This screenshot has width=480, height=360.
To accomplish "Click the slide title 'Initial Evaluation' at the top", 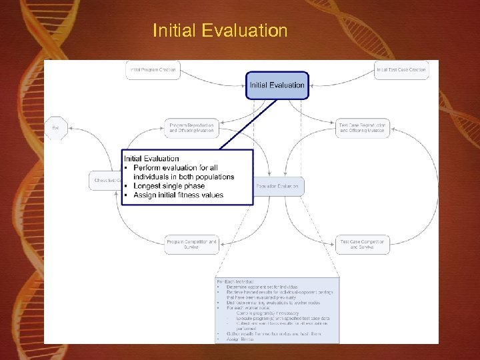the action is [220, 31].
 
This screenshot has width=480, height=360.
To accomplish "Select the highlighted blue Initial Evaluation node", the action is [277, 85].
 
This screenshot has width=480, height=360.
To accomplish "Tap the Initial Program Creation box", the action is [153, 70].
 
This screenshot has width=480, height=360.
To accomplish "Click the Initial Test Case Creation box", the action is [401, 70].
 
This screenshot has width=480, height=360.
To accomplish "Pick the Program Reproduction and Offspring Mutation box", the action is [192, 128].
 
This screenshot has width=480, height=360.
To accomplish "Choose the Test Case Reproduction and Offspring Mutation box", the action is [362, 128].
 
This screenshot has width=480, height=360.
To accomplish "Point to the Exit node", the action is [55, 128].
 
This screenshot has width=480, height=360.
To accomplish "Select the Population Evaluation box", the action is [279, 186].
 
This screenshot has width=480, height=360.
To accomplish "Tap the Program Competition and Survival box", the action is [192, 244].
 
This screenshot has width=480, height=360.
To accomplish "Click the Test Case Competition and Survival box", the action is [362, 244].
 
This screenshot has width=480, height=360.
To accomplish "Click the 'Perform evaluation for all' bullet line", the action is [175, 167].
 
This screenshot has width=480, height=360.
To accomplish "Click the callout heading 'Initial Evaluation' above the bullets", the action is [151, 159].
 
